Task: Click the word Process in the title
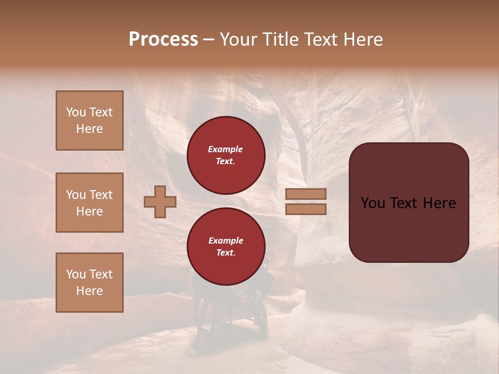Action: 163,39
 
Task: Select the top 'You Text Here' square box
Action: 89,121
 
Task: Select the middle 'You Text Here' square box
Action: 89,203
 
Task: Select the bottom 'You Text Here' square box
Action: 89,283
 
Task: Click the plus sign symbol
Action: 160,202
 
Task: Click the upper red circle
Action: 226,155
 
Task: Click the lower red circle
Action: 226,247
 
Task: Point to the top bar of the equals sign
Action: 306,194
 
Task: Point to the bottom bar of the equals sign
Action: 306,209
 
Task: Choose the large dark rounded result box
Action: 409,203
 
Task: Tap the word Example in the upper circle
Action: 225,150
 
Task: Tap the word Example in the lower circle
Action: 226,241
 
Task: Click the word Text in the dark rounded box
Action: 405,203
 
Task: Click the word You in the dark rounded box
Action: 372,203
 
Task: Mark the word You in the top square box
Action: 76,112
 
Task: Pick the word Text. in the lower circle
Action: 226,253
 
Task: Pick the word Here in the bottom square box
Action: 89,291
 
